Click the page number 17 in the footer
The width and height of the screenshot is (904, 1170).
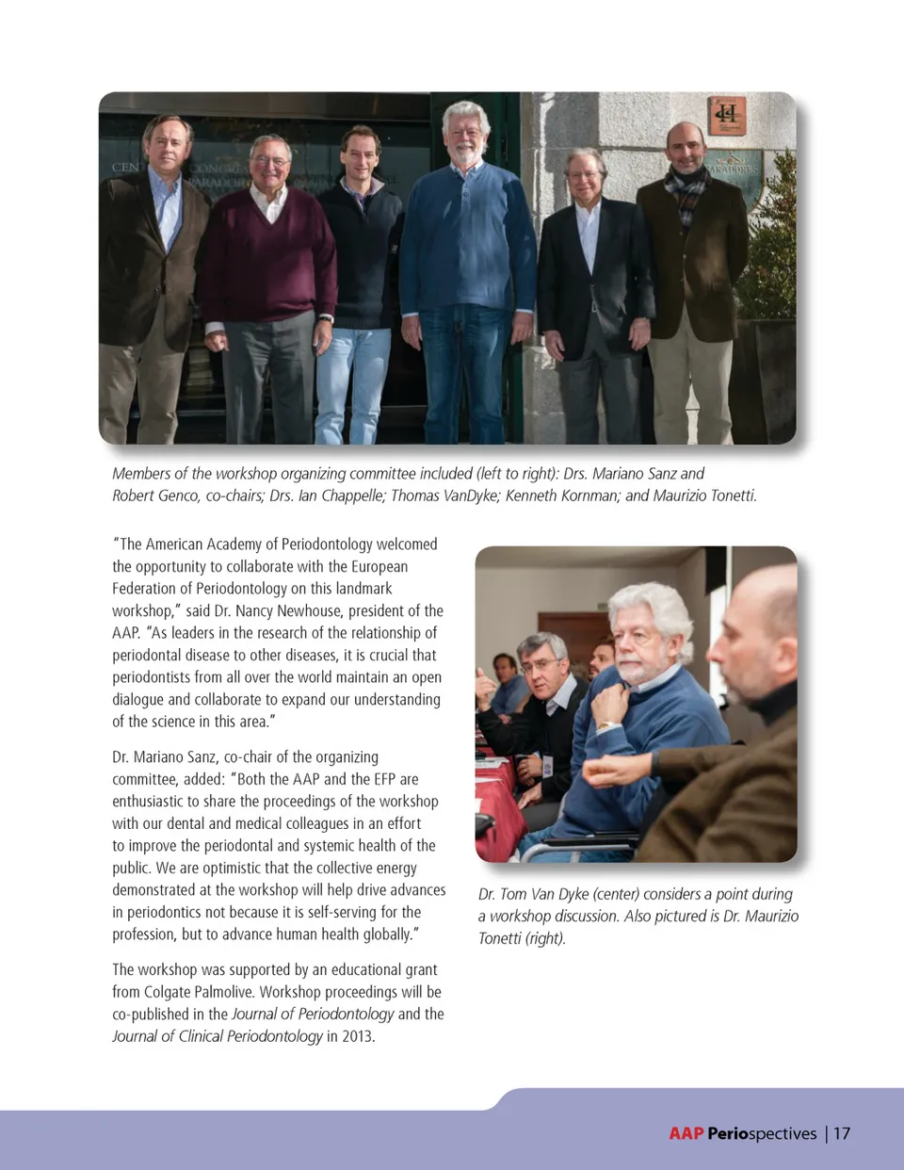[841, 1133]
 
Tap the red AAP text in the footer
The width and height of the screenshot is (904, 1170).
[686, 1133]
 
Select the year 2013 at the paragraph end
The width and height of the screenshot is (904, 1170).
[357, 1036]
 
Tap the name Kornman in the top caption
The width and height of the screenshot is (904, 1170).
[584, 496]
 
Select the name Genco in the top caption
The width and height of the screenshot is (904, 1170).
[177, 496]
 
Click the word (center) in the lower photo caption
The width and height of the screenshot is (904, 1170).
[615, 894]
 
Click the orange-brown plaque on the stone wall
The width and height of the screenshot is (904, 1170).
[726, 116]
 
